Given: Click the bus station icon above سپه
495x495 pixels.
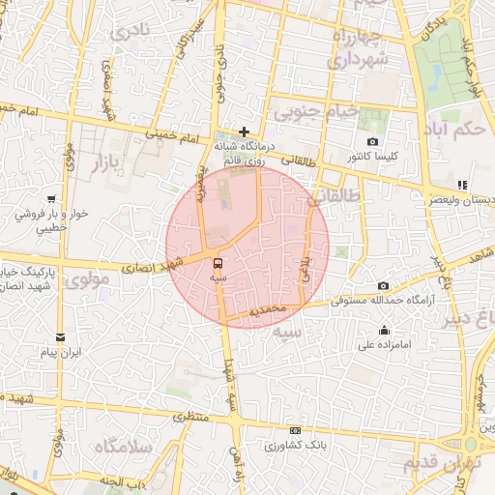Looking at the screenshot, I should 217,262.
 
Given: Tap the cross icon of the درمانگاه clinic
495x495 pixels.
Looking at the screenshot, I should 245,131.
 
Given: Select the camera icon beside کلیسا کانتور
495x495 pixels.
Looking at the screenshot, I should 373,142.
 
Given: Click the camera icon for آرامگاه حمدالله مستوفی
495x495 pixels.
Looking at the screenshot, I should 384,286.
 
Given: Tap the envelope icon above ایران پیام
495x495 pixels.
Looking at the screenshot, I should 61,337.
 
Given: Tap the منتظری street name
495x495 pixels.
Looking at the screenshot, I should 189,417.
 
